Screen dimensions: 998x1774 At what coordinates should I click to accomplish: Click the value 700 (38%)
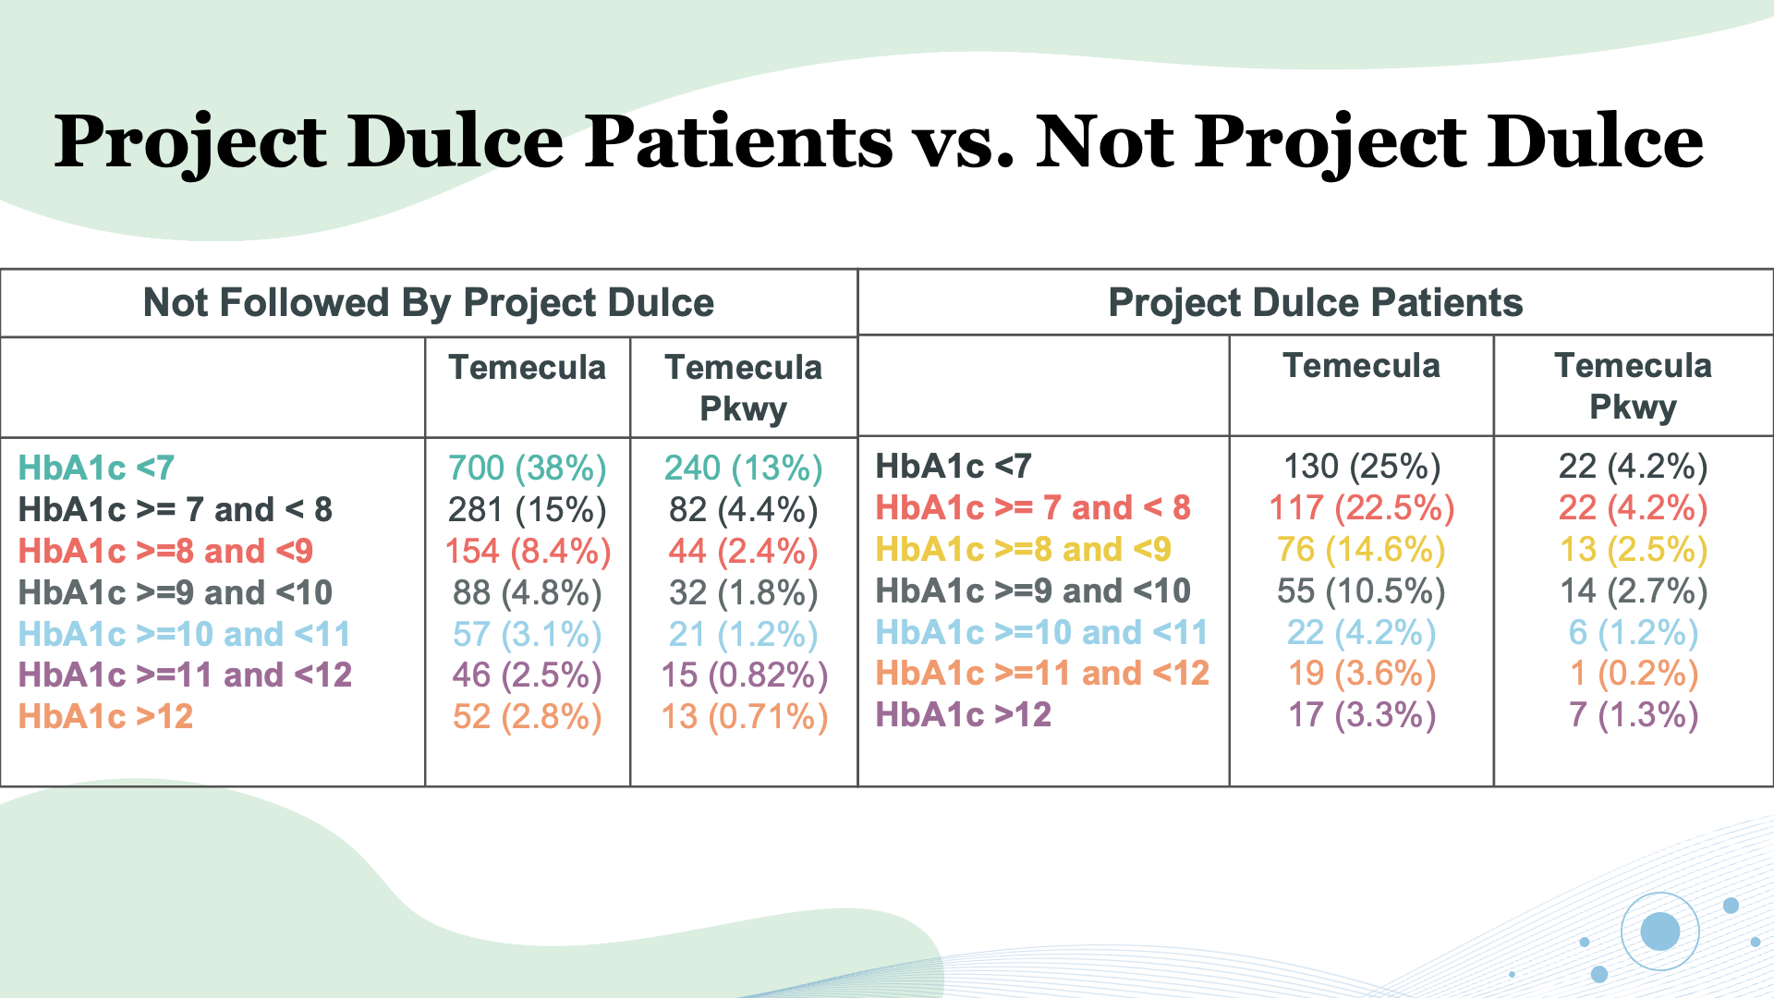pos(527,468)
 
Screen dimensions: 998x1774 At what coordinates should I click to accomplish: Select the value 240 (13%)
pos(743,468)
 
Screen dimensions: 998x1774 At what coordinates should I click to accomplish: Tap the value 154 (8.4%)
pos(527,551)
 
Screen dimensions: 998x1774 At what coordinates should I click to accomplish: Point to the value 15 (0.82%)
pos(744,675)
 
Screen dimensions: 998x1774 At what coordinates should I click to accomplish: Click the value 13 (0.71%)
pos(744,716)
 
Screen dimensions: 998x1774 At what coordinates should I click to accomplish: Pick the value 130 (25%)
pos(1361,466)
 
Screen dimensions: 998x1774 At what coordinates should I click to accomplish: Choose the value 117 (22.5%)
pos(1361,507)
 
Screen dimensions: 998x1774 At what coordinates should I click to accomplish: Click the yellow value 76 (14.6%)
pos(1361,549)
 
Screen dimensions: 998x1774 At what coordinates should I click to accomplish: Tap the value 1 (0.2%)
pos(1633,673)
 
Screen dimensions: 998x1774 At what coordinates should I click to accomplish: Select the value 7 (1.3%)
pos(1633,714)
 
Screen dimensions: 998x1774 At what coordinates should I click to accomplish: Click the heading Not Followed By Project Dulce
pos(428,302)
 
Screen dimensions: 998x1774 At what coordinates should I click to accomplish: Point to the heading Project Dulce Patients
pos(1315,302)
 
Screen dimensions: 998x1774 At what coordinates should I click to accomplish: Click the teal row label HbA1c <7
pos(96,468)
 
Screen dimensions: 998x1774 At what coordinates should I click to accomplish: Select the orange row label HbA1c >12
pos(105,716)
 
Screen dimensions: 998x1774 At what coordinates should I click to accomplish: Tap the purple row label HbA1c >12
pos(963,714)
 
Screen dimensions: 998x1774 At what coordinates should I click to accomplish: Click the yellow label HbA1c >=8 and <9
pos(1023,549)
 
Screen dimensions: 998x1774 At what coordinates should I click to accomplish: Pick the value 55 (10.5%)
pos(1361,590)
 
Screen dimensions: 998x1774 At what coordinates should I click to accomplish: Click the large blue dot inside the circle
pos(1659,931)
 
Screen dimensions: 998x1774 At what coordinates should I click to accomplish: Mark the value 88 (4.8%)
pos(527,592)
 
